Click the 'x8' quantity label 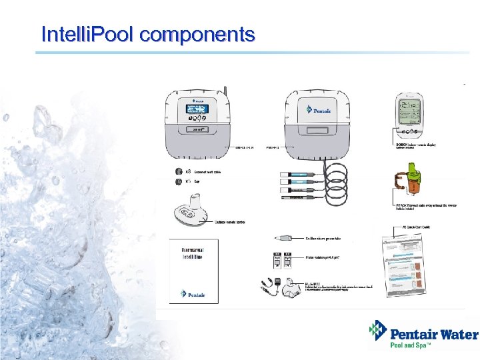coord(189,171)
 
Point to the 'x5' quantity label coord(189,181)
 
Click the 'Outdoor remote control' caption coord(231,222)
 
